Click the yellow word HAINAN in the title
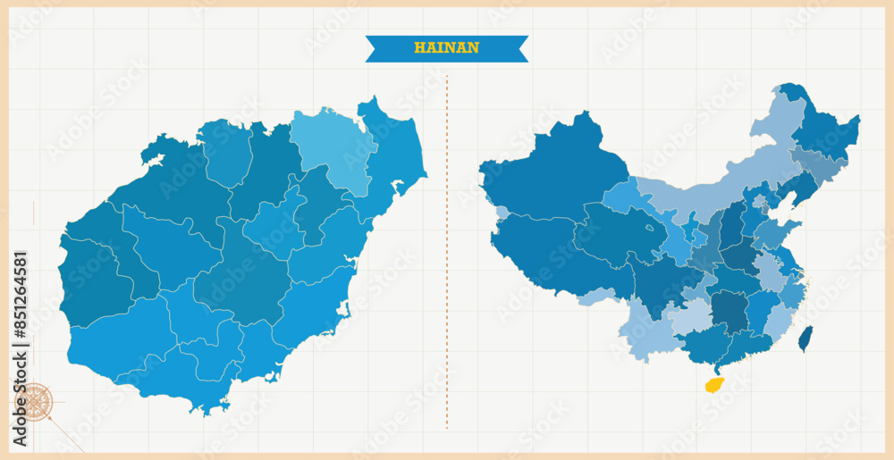[446, 48]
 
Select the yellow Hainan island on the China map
[713, 385]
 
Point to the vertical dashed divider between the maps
[447, 250]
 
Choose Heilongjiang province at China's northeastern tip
[822, 130]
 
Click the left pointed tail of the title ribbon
[372, 48]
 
